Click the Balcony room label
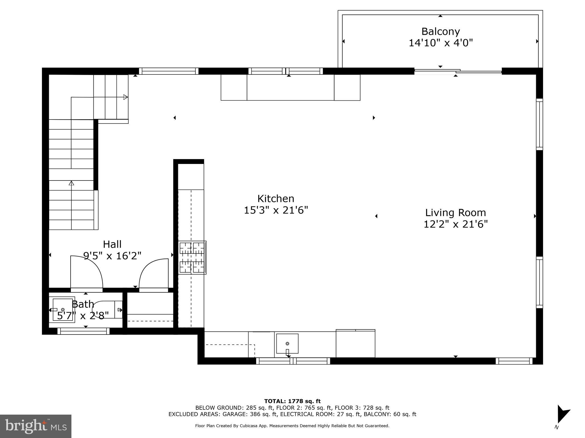pyautogui.click(x=440, y=31)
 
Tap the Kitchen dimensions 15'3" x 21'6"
pyautogui.click(x=276, y=210)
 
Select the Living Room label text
pyautogui.click(x=455, y=213)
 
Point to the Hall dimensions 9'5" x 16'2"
pyautogui.click(x=112, y=256)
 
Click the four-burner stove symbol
pyautogui.click(x=192, y=257)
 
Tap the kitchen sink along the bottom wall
pyautogui.click(x=287, y=344)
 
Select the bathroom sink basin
pyautogui.click(x=63, y=310)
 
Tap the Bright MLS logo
pyautogui.click(x=35, y=426)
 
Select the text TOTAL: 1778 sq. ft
pyautogui.click(x=292, y=401)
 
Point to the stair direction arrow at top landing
pyautogui.click(x=125, y=97)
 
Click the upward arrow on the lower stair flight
pyautogui.click(x=71, y=183)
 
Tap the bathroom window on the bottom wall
pyautogui.click(x=83, y=331)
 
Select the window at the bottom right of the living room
pyautogui.click(x=514, y=361)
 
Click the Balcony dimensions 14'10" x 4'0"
pyautogui.click(x=440, y=43)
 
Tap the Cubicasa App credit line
pyautogui.click(x=292, y=426)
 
